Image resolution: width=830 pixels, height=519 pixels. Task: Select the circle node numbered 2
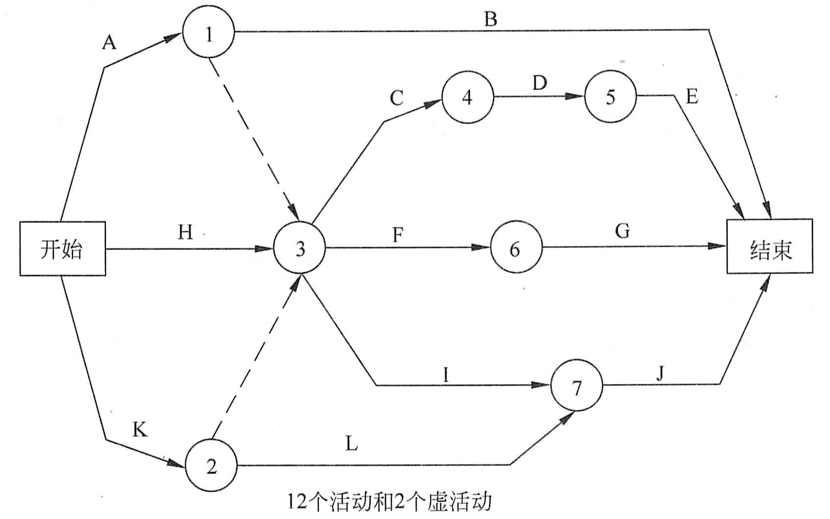point(211,466)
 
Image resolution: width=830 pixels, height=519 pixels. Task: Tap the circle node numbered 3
point(300,249)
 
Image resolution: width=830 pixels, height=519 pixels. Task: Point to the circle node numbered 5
point(610,97)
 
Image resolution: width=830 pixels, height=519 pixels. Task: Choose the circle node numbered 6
point(515,249)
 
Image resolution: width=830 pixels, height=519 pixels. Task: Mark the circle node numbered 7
point(577,387)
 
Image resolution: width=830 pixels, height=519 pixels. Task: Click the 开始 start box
point(62,249)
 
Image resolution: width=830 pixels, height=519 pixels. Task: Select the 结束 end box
point(770,246)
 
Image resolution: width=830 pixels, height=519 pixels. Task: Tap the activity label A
point(109,43)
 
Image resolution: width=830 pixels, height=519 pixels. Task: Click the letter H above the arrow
point(185,233)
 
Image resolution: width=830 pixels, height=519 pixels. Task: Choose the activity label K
point(140,431)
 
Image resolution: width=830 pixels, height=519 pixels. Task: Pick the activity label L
point(352,444)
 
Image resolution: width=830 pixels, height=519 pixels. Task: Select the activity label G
point(622,230)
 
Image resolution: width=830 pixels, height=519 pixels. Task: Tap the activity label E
point(691,97)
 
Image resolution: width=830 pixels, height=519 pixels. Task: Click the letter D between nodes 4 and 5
point(539,83)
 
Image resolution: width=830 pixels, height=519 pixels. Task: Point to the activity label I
point(446,375)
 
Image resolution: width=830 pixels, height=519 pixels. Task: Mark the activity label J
point(661,374)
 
